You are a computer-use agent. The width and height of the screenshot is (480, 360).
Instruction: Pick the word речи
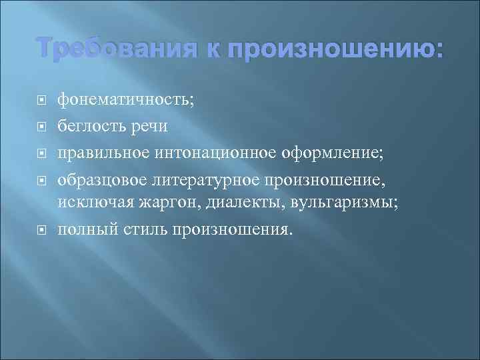tap(150, 126)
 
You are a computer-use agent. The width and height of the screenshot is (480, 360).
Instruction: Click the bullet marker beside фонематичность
tap(41, 101)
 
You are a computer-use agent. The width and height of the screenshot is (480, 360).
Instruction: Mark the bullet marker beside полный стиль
tap(41, 229)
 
